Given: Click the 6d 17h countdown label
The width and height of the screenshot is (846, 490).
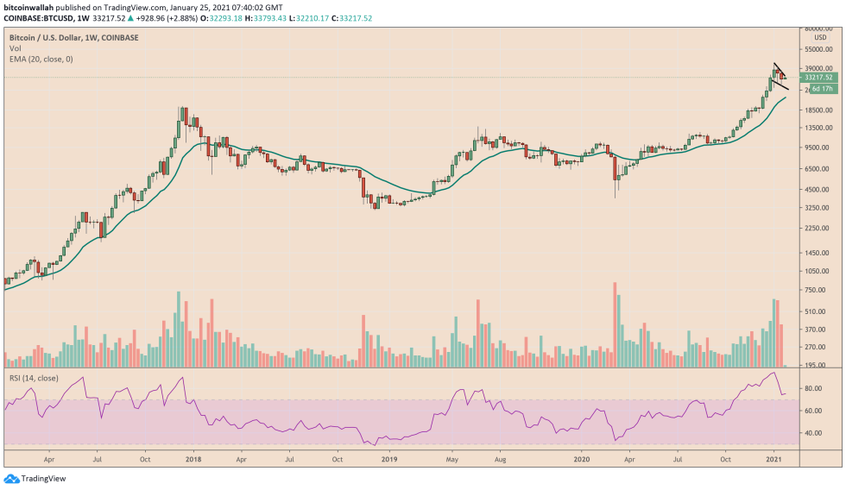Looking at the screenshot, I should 821,88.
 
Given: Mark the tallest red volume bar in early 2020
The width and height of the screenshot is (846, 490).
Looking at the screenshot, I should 615,324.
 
